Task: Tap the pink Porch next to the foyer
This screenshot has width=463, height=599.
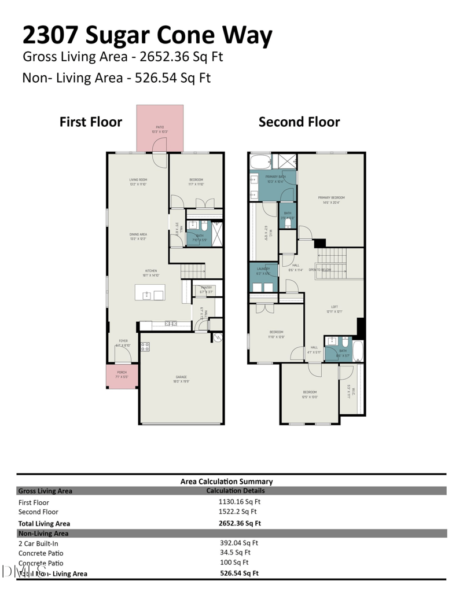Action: [122, 376]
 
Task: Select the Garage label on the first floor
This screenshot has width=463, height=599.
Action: [181, 378]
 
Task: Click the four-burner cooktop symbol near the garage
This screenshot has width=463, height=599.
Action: [145, 347]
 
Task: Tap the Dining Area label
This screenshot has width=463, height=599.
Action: [138, 236]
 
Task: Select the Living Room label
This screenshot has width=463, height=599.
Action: [138, 182]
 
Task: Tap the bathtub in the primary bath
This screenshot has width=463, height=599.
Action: [260, 161]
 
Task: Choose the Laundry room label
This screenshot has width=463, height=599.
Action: [263, 271]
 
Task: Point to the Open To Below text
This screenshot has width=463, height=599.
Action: [320, 270]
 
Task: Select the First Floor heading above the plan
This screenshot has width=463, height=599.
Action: [91, 122]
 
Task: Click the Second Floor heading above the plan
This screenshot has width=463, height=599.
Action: [299, 122]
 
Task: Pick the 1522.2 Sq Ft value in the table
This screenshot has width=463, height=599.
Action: [237, 512]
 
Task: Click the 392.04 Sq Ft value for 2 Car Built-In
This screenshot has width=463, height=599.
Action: [239, 543]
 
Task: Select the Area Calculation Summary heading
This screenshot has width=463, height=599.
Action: [226, 481]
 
